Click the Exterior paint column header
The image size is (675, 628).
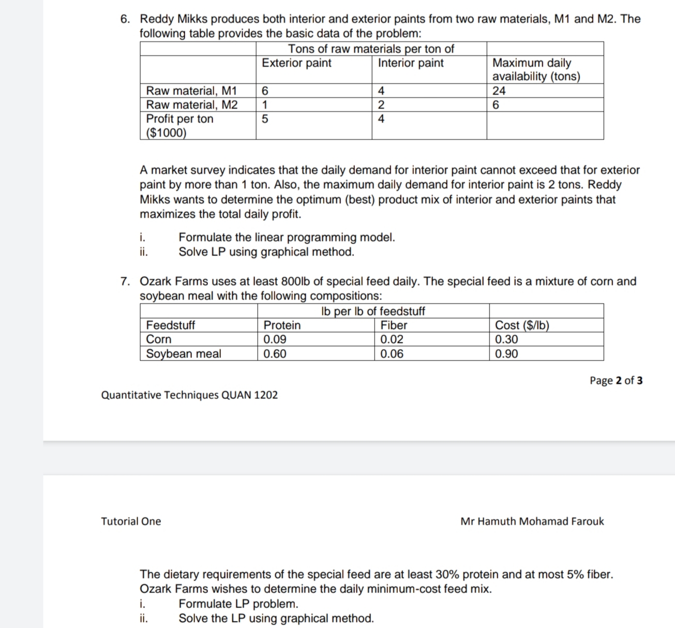click(296, 63)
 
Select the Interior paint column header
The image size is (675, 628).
click(411, 63)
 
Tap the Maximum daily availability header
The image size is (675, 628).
click(536, 70)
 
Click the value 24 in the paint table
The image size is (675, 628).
click(499, 91)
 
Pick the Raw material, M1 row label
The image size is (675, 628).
click(191, 91)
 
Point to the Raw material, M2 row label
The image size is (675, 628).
click(192, 105)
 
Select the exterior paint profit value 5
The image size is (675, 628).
click(265, 119)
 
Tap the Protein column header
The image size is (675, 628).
click(282, 325)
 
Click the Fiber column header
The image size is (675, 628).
click(394, 325)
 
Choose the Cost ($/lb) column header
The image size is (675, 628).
click(522, 325)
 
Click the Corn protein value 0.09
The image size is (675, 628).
click(275, 339)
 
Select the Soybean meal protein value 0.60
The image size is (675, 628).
click(275, 354)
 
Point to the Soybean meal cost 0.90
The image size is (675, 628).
click(506, 354)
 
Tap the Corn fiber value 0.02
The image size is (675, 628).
click(392, 339)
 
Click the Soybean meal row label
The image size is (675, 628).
click(184, 354)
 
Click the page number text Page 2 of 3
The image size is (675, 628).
click(616, 381)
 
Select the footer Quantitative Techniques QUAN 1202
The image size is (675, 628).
click(189, 395)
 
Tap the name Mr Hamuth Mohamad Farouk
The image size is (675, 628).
click(532, 521)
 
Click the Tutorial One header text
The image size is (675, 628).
click(131, 521)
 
